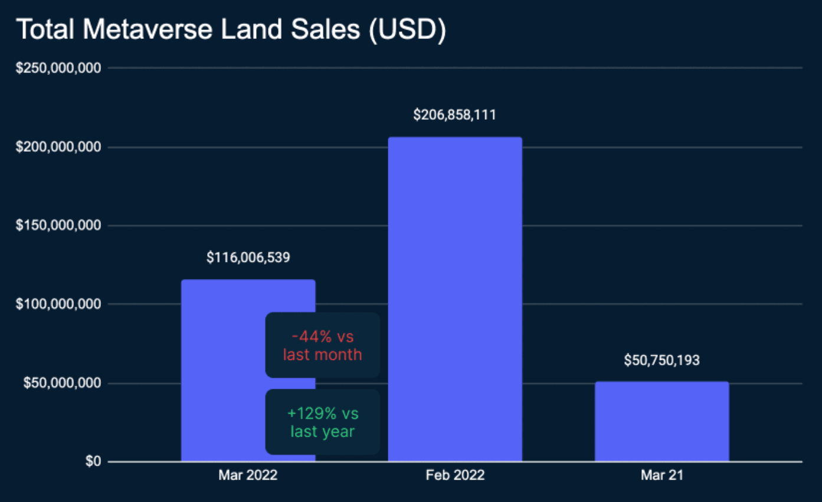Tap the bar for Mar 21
click(661, 421)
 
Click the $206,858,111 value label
click(455, 114)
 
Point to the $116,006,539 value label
click(248, 257)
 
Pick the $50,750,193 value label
click(661, 360)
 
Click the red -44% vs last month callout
click(322, 345)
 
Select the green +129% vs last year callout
click(322, 422)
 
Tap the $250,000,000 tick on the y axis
click(58, 68)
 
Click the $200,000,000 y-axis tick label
click(58, 147)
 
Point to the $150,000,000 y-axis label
click(58, 226)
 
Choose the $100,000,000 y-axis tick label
click(58, 304)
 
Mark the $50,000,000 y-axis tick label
click(62, 383)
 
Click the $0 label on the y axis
click(91, 462)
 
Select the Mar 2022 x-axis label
click(248, 475)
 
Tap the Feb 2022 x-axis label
click(455, 475)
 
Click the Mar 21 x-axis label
click(661, 475)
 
